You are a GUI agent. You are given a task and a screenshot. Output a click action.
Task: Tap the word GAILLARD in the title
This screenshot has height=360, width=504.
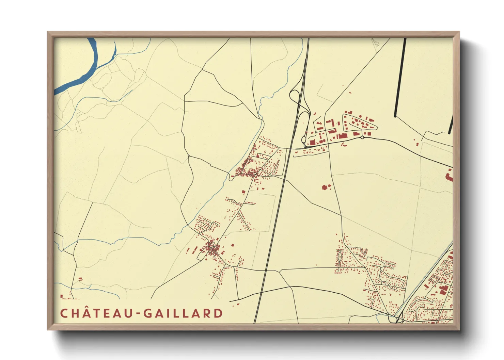183,313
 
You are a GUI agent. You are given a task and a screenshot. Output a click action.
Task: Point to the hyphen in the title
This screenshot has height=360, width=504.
138,314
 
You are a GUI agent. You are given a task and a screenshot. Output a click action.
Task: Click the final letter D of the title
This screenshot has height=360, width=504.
218,313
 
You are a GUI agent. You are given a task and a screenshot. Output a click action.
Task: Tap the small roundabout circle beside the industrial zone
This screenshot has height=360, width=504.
362,137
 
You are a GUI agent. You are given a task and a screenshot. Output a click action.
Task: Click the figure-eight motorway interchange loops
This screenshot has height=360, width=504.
300,102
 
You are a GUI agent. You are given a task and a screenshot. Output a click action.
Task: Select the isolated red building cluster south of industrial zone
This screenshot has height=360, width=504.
326,187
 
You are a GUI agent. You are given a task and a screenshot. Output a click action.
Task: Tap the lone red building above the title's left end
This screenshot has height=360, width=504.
80,279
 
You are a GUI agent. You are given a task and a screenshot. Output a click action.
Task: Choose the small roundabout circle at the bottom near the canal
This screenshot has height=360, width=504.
388,314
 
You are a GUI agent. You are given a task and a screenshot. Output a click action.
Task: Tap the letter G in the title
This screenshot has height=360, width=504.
147,313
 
